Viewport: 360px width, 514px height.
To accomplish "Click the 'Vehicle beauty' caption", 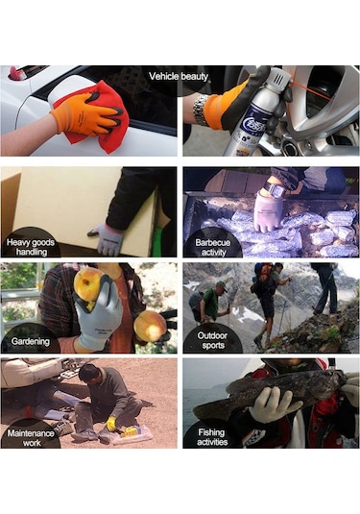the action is [179, 76].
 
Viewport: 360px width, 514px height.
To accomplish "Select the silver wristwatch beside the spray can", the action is [200, 110].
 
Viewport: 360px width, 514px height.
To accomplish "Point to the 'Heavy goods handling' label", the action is [31, 247].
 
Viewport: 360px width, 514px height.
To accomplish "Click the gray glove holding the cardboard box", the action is [107, 238].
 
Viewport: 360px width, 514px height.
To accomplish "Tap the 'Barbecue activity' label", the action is [213, 247].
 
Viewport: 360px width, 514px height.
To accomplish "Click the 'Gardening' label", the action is [31, 341].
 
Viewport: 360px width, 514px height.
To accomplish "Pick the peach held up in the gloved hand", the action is [88, 283].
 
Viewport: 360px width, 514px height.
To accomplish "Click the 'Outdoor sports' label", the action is [212, 340].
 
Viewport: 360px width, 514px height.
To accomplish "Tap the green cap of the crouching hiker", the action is [221, 283].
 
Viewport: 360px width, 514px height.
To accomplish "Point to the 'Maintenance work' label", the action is [31, 438].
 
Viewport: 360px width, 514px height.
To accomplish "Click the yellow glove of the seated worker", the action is [111, 424].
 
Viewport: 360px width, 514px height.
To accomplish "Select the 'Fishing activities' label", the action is [212, 437].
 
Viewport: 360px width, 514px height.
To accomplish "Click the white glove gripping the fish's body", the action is [274, 404].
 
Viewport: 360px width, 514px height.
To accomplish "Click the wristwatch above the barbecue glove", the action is [273, 188].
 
